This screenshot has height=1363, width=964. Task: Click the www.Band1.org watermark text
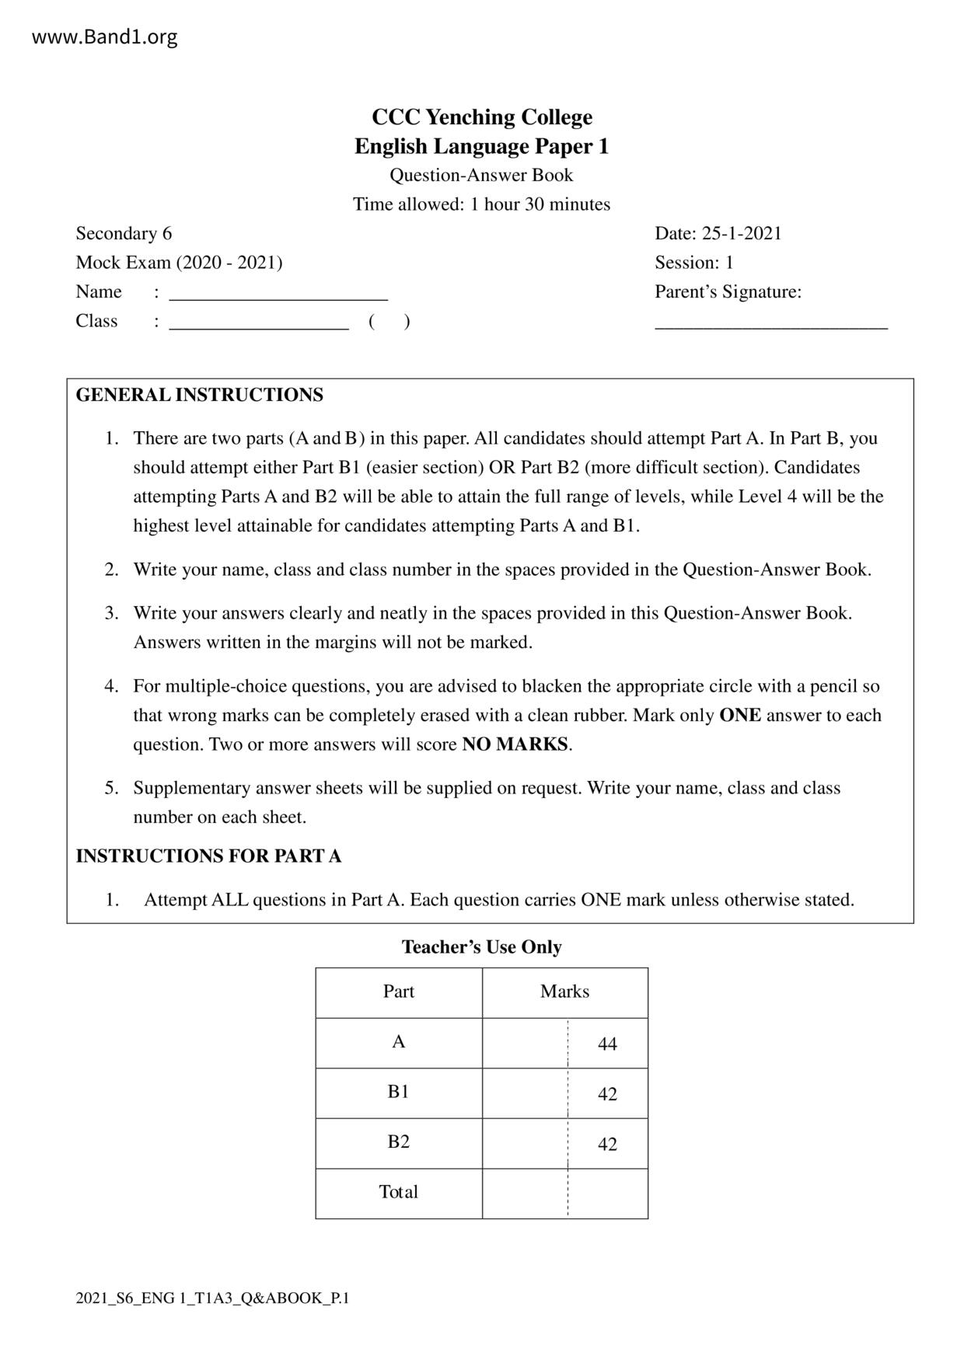click(104, 37)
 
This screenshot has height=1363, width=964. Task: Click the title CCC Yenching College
click(482, 117)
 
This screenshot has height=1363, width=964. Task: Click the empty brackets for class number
click(389, 321)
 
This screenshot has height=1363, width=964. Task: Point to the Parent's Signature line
click(771, 326)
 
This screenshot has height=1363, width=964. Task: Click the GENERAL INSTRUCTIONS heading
click(200, 395)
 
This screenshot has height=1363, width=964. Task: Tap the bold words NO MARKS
click(515, 744)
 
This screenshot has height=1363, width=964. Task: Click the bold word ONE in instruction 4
click(740, 715)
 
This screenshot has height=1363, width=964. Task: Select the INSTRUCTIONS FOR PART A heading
click(208, 856)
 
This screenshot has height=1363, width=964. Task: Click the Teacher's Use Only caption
click(482, 946)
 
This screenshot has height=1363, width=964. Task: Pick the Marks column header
click(565, 992)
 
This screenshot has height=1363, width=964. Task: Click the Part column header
click(399, 992)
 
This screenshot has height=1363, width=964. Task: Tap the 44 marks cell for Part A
click(607, 1044)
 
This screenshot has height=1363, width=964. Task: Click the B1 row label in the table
click(399, 1092)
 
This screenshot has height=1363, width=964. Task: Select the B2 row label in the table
click(399, 1142)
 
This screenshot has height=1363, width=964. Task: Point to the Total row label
click(399, 1192)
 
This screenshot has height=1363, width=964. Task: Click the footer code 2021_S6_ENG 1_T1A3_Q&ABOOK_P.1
click(212, 1298)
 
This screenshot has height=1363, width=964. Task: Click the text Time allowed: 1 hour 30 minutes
click(482, 204)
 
